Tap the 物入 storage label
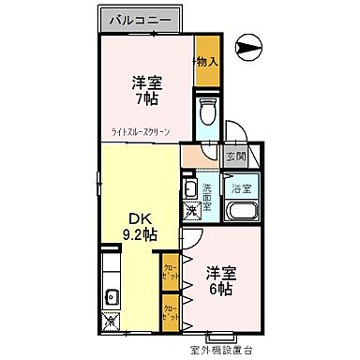(x=206, y=61)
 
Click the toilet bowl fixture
(x=208, y=112)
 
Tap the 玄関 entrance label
(x=234, y=157)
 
